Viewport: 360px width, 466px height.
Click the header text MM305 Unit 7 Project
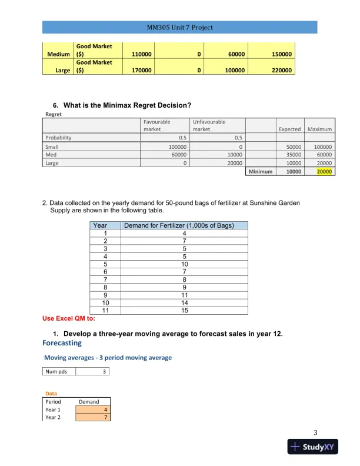180,28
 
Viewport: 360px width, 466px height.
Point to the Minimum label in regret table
261,172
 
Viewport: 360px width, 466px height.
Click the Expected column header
289,129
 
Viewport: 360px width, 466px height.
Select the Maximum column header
320,129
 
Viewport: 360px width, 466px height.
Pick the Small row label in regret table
52,147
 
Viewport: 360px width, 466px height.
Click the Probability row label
58,138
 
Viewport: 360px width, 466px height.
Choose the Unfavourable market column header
209,125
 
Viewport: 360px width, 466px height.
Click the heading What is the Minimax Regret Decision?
127,105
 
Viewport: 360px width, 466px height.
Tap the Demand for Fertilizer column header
184,225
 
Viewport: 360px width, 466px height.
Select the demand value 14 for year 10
184,302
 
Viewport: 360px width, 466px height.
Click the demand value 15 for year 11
184,310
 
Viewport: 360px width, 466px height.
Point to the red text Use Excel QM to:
69,318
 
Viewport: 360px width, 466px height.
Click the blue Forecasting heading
62,342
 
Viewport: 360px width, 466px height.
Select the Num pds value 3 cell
94,371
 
